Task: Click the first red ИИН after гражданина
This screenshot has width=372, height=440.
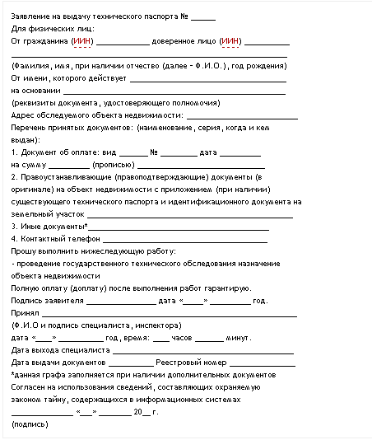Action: (82, 40)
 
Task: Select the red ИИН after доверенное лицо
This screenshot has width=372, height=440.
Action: (230, 40)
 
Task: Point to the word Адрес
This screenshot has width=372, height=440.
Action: (23, 115)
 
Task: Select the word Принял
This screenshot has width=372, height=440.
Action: (25, 313)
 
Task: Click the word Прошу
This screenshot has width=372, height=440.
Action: (24, 250)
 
